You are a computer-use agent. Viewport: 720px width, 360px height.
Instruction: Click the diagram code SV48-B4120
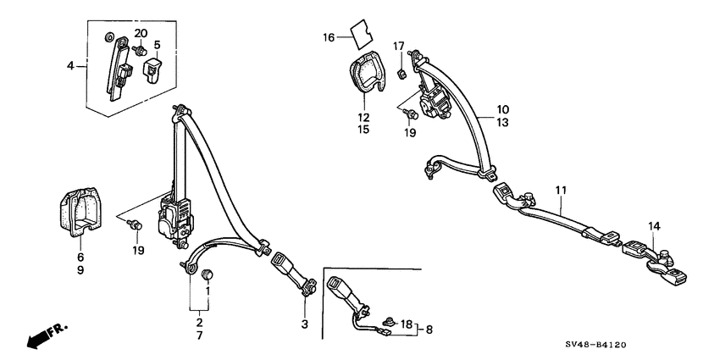pos(595,345)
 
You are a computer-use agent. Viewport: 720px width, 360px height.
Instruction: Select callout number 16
pos(329,37)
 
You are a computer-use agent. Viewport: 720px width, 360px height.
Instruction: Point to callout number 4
pos(69,66)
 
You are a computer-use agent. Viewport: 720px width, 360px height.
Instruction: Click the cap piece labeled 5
pos(153,69)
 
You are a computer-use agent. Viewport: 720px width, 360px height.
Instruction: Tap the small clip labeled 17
pos(400,72)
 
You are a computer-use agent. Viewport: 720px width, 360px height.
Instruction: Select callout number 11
pos(561,190)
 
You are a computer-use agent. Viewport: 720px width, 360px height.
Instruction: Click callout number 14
pos(654,226)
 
